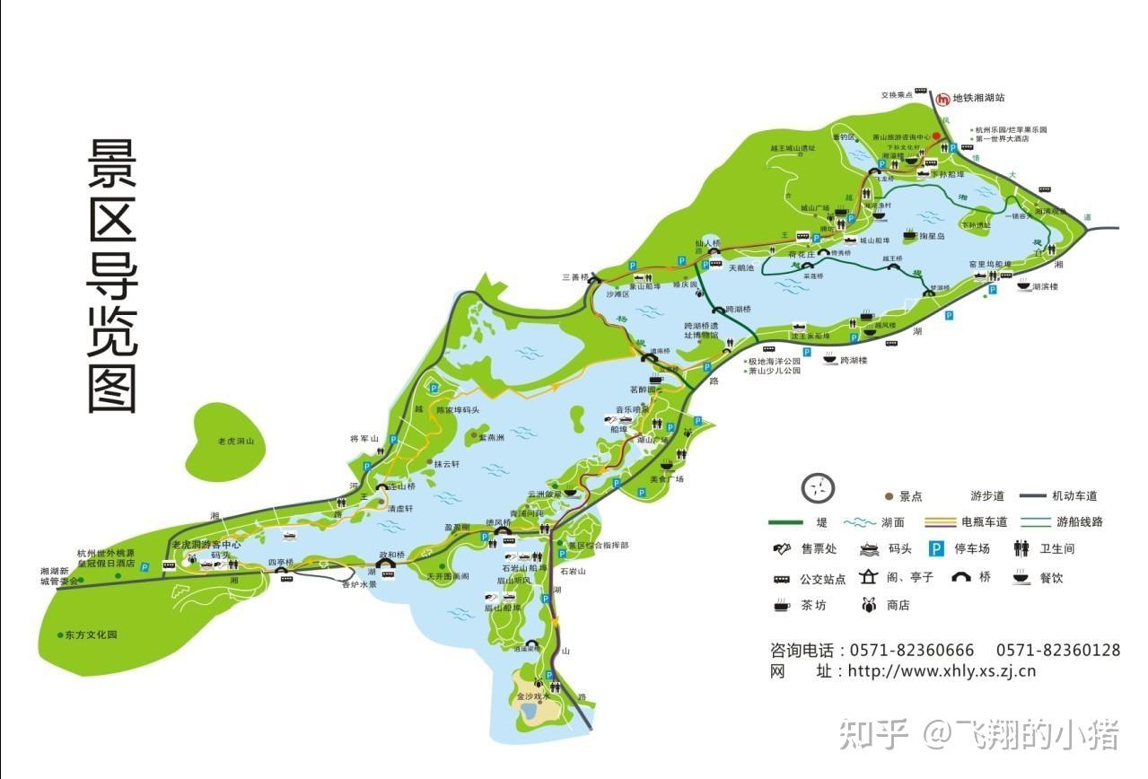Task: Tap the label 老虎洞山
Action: pos(237,442)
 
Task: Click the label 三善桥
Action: pos(575,276)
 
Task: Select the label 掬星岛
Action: pos(932,236)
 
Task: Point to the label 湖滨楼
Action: pos(1046,287)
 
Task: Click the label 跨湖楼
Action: pos(854,360)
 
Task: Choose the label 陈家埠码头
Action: pos(458,410)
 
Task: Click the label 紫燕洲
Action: pos(492,438)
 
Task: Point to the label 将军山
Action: pos(364,439)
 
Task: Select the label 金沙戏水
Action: pos(533,696)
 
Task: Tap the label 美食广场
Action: pos(667,479)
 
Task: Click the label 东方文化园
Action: pos(91,635)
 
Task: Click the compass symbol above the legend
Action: pos(818,488)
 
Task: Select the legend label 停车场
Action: pos(971,548)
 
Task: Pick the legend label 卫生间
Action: pos(1056,548)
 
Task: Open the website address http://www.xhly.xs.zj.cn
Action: pos(942,670)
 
